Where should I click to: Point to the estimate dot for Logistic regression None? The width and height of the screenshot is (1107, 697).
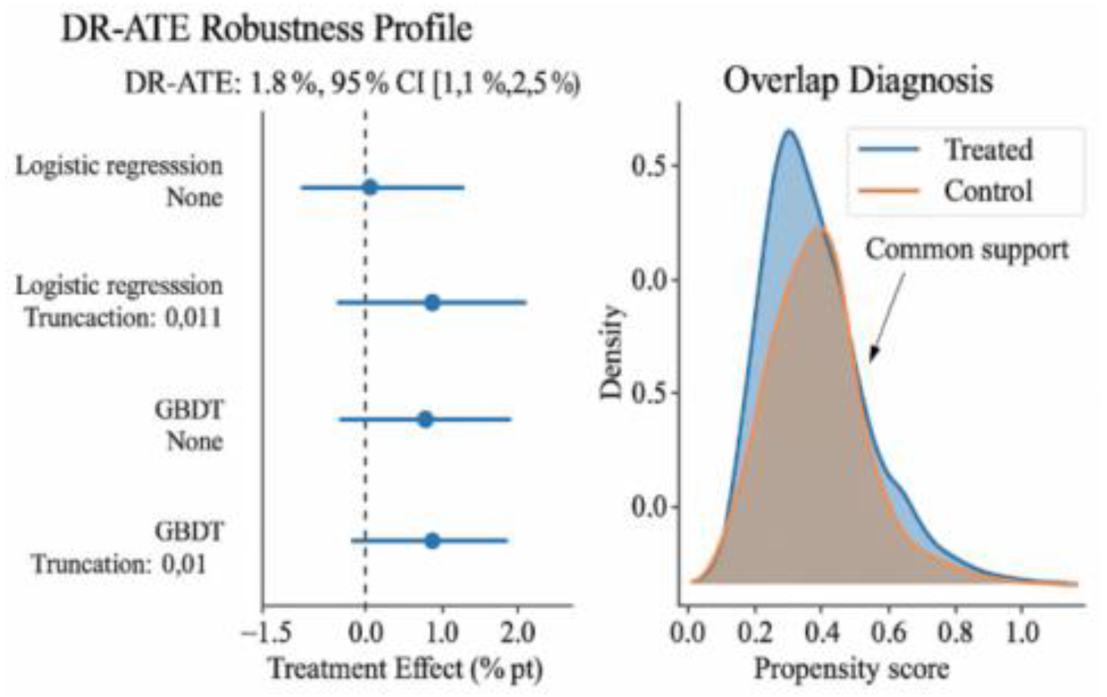(x=370, y=187)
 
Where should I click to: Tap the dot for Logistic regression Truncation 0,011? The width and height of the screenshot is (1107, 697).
(x=431, y=302)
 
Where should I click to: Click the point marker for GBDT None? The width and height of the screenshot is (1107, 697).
(x=425, y=419)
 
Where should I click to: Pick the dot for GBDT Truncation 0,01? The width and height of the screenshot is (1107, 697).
(x=431, y=540)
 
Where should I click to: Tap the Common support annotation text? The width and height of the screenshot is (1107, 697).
(x=967, y=250)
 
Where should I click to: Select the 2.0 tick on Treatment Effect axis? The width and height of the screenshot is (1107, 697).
(x=517, y=626)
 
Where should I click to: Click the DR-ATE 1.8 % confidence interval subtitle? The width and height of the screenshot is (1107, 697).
(x=352, y=83)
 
